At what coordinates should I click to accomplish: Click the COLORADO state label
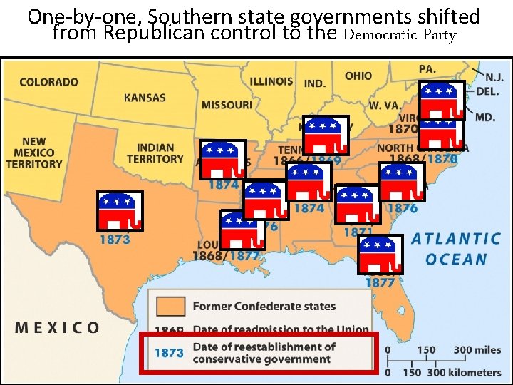pos(48,81)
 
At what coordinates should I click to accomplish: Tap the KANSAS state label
pos(145,98)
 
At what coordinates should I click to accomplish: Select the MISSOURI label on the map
pos(227,105)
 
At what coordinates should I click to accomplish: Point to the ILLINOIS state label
pos(271,81)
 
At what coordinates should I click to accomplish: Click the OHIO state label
pos(358,76)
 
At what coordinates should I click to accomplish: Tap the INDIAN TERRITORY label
pos(155,153)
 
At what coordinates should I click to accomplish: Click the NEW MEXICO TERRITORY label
pos(33,153)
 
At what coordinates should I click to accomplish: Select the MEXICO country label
pos(58,327)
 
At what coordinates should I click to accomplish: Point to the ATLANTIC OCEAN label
pos(456,249)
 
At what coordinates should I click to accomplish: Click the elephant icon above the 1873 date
pos(120,212)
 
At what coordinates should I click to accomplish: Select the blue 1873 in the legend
pos(169,352)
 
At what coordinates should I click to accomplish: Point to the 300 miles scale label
pos(477,350)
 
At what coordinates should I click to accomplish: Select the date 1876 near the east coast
pos(402,208)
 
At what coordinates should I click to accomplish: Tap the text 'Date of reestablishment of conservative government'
pos(264,352)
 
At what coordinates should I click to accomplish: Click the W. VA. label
pos(385,105)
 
